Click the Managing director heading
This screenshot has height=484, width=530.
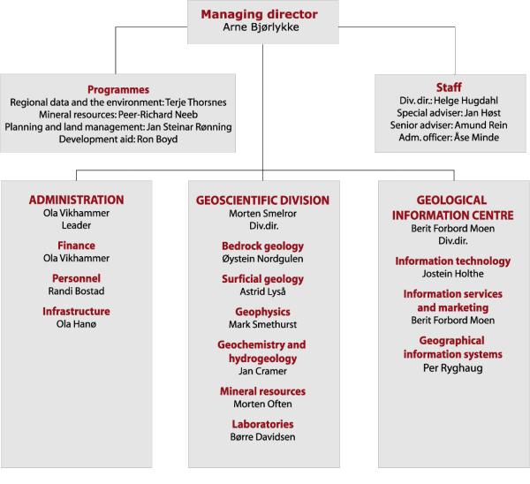coord(259,14)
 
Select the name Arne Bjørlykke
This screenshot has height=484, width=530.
coord(261,27)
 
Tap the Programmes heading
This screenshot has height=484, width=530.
coord(118,90)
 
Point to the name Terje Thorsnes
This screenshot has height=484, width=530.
coord(196,102)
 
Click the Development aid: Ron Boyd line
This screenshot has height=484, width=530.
coord(118,140)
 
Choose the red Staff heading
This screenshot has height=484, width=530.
coord(449,87)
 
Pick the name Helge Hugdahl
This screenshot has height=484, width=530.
coord(466,101)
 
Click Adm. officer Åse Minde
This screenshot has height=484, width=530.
coord(449,138)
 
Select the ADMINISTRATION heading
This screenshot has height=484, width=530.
coord(76,200)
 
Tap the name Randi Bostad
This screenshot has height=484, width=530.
coord(76,291)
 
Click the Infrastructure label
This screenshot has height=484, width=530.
coord(76,311)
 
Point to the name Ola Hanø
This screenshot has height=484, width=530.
coord(76,324)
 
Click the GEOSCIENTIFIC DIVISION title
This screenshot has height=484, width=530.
coord(262,200)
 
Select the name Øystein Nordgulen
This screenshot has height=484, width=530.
coord(262,259)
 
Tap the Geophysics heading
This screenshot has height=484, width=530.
coord(262,312)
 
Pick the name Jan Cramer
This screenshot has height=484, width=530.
coord(262,371)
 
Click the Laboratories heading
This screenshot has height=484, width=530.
coord(262,424)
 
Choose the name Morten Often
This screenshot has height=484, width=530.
coord(262,404)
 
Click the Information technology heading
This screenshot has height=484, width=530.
coord(453,261)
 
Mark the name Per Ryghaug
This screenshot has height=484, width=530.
coord(453,368)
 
